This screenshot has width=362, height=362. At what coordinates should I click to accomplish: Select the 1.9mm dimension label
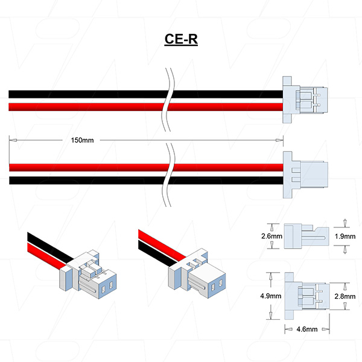click(345, 236)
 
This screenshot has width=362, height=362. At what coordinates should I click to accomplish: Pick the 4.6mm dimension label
click(303, 329)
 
